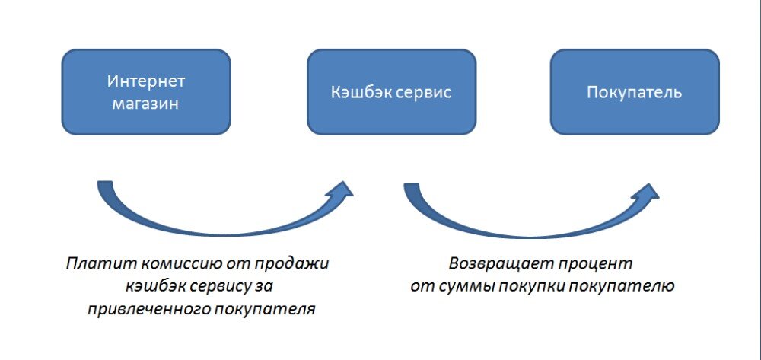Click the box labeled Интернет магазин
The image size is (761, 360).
point(145,92)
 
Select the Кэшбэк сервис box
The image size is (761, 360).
point(391,92)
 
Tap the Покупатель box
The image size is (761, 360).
point(634,92)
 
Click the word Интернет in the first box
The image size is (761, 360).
point(145,81)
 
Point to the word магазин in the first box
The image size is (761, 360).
point(145,104)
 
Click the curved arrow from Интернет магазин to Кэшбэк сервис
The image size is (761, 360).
point(221,224)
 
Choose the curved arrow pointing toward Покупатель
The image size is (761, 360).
point(525,224)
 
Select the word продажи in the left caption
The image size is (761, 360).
point(301,263)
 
